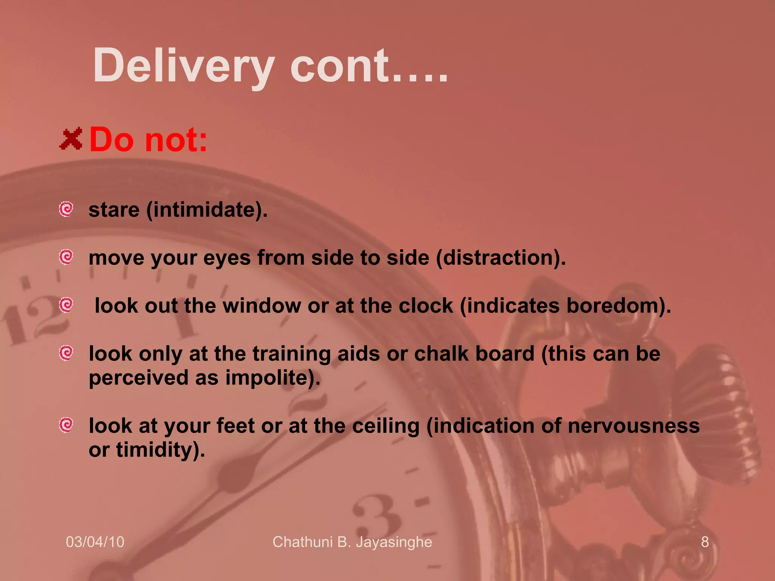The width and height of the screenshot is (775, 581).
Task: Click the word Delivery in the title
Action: [x=184, y=66]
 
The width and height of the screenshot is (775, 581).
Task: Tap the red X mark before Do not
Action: [x=71, y=139]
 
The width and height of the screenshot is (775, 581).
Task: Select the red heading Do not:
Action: [x=148, y=140]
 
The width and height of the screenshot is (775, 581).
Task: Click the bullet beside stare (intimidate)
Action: [x=66, y=209]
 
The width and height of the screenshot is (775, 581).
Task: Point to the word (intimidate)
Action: [x=207, y=210]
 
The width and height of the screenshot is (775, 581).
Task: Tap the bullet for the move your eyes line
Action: [x=66, y=257]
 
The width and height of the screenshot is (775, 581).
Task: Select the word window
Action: [x=262, y=306]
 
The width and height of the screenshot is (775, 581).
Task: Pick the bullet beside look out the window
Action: [x=66, y=305]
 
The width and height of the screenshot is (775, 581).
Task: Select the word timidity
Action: [x=158, y=450]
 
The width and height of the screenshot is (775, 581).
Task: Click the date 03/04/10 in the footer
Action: [x=95, y=542]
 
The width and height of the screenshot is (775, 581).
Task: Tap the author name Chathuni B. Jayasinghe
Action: [x=352, y=542]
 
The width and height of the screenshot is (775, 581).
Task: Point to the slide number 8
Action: [x=705, y=542]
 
